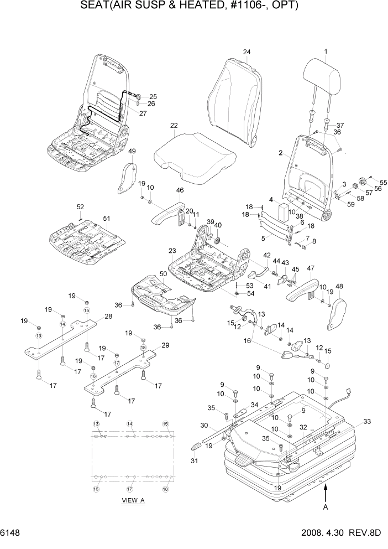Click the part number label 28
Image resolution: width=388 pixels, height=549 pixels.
(108, 317)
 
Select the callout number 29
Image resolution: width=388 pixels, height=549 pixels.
(164, 345)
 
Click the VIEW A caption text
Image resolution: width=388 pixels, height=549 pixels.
(133, 500)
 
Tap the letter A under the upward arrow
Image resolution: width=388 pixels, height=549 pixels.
(326, 506)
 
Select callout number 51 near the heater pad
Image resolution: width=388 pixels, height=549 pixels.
(107, 217)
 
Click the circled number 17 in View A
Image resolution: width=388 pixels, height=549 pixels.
(130, 489)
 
